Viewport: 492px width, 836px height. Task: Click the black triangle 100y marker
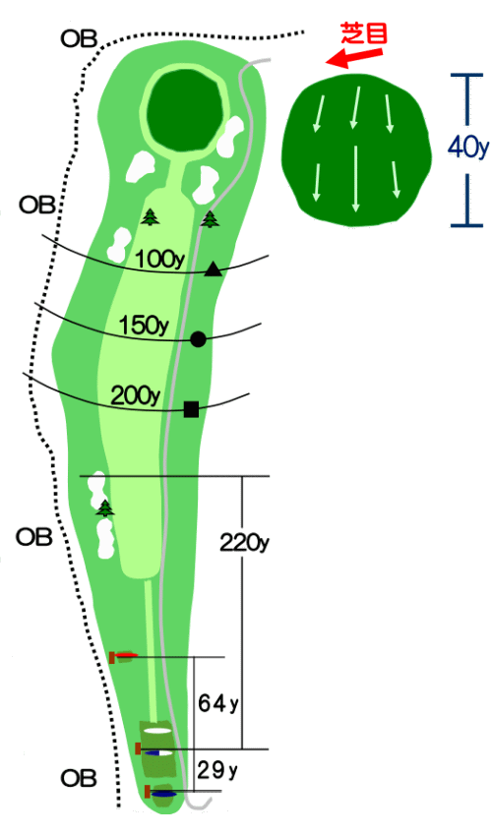pos(213,269)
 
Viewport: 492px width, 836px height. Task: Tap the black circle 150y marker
pos(198,339)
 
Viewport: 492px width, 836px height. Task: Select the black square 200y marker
pos(191,409)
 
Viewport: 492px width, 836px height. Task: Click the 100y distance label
pos(159,260)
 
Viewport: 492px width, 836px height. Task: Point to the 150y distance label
pos(144,326)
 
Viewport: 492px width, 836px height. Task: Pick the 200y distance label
pos(136,395)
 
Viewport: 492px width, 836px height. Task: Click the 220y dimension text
pos(244,543)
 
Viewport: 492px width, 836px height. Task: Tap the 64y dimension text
pos(218,703)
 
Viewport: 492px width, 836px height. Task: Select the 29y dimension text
pos(217,770)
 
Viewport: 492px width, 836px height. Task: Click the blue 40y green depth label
pos(468,148)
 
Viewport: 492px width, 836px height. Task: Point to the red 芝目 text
pos(364,34)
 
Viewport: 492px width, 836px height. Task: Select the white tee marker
pos(157,731)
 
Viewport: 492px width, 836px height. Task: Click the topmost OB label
pos(79,38)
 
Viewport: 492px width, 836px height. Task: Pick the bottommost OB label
pos(79,778)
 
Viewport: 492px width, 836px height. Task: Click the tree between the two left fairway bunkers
pos(105,508)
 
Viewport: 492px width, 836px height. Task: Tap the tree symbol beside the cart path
pos(211,218)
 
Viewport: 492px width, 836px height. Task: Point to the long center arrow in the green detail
pos(355,178)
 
